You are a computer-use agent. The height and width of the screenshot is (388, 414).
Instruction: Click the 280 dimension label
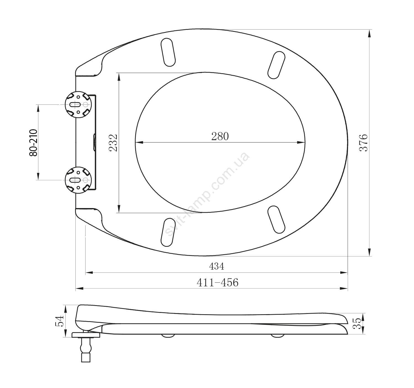220,136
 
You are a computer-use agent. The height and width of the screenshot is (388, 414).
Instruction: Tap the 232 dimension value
113,143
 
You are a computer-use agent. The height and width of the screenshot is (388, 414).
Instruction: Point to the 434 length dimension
217,266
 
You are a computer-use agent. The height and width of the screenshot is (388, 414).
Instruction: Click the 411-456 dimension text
217,282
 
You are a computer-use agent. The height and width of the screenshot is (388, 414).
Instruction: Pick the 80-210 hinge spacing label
33,143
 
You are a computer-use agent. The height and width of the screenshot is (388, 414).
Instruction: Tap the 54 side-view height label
59,321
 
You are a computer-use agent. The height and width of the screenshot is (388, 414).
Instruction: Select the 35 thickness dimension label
357,324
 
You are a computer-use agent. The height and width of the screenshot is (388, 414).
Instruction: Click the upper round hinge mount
78,104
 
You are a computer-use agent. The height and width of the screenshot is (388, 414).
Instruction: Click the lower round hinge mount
78,180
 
